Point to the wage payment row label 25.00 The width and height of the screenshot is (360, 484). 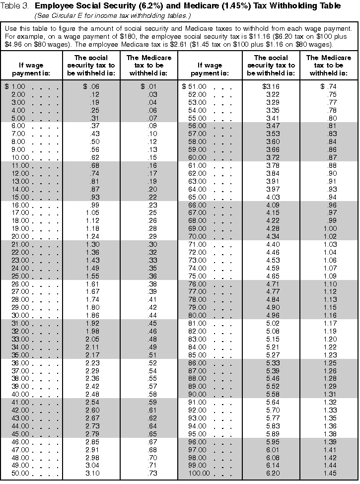tap(18, 276)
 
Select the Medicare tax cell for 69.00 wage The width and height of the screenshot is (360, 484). tap(326, 228)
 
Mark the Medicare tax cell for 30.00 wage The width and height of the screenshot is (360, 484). tap(147, 315)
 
